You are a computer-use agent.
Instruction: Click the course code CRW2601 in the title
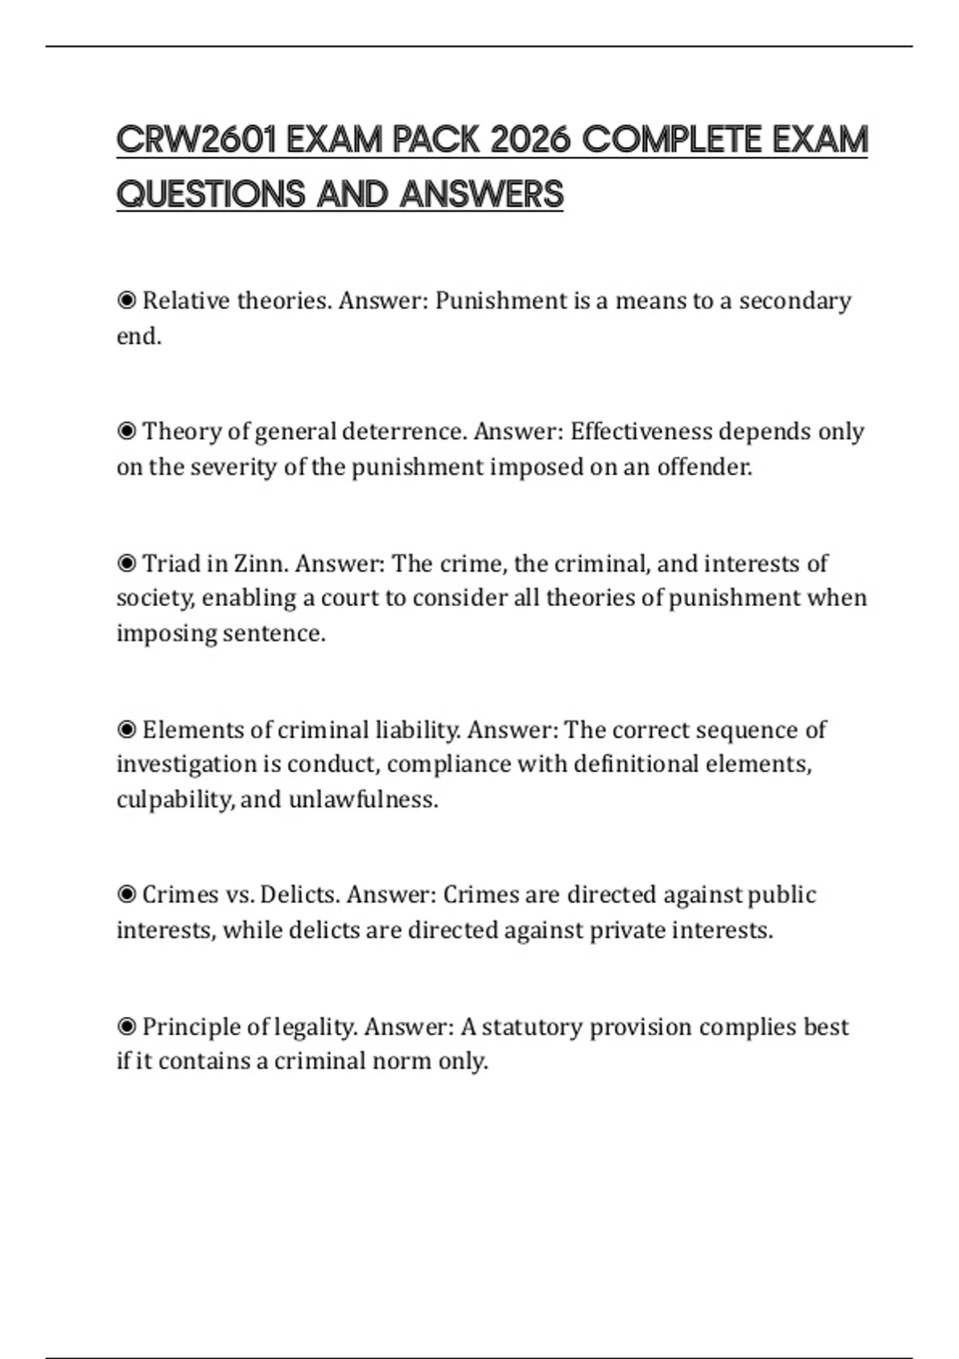(x=196, y=141)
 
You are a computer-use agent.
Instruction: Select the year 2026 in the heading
(x=530, y=141)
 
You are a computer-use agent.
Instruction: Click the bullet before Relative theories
(x=126, y=301)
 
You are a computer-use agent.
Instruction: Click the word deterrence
(x=402, y=432)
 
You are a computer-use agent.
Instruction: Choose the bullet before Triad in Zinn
(x=126, y=564)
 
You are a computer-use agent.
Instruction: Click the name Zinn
(x=258, y=564)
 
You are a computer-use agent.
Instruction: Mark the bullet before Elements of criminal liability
(x=126, y=730)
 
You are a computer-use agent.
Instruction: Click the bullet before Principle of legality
(x=126, y=1026)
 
